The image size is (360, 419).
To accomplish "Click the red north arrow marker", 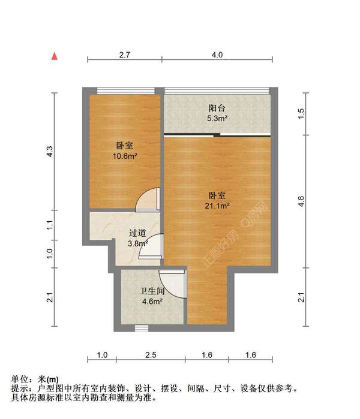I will [x=55, y=57].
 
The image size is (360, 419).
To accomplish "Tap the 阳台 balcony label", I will [x=217, y=108].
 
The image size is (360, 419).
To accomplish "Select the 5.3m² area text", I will [x=217, y=119].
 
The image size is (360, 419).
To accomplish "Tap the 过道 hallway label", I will [x=137, y=233].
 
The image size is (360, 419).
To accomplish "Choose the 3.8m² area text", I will [x=137, y=243].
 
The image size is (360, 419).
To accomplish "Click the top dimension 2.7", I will [x=125, y=55].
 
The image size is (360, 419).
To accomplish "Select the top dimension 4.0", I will [x=217, y=55].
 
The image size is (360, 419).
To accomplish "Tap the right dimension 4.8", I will [x=302, y=202].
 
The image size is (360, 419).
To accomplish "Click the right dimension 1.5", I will [x=302, y=112].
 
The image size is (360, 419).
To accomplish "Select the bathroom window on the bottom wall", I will [x=142, y=327].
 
